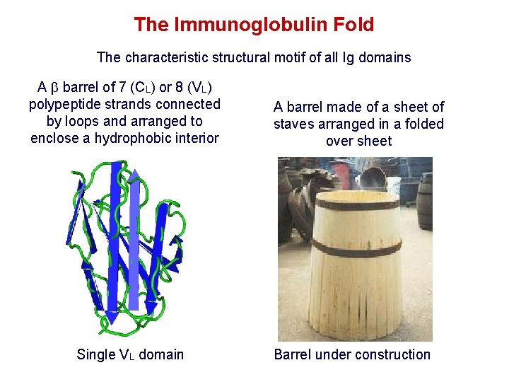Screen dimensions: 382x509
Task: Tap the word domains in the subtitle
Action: click(x=383, y=57)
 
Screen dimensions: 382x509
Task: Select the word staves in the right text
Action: click(x=295, y=124)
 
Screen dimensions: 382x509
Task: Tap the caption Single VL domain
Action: click(x=130, y=354)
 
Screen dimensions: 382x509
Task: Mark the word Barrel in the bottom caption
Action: click(x=295, y=354)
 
